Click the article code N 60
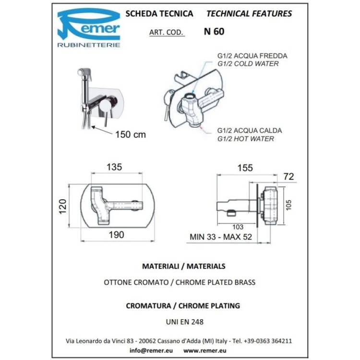click(214, 32)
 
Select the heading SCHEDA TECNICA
click(159, 13)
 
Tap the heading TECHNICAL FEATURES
click(249, 13)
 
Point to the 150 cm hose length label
click(131, 134)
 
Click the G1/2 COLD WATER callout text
click(248, 63)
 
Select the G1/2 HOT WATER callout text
click(246, 139)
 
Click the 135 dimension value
click(114, 167)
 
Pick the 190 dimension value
click(117, 235)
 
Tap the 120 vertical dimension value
click(63, 206)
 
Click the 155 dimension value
click(245, 168)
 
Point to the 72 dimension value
click(288, 176)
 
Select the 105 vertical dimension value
click(288, 205)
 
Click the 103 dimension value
click(238, 227)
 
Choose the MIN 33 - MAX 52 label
click(221, 237)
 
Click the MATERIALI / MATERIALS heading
click(184, 266)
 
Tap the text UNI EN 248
click(185, 322)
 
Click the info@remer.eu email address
click(151, 350)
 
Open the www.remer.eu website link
click(205, 350)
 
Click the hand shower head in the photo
click(84, 73)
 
